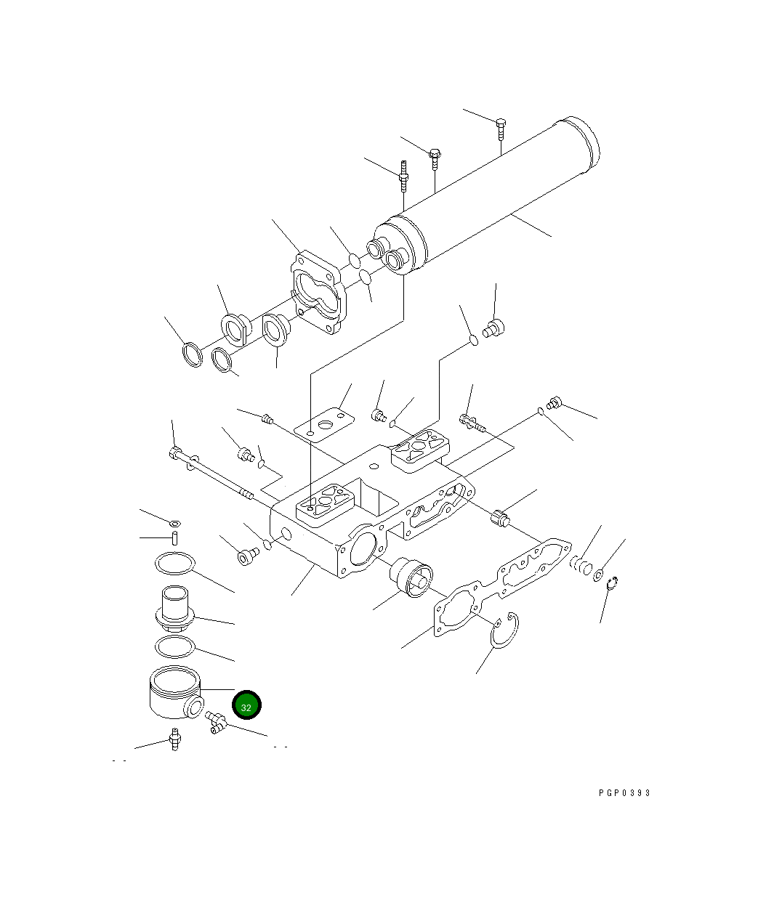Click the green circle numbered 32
(x=246, y=705)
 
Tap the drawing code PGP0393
(x=624, y=792)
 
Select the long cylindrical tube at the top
(x=486, y=195)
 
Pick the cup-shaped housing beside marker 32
(x=176, y=692)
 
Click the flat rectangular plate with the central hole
(x=323, y=424)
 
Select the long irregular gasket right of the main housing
(x=503, y=588)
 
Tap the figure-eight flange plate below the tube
(x=320, y=292)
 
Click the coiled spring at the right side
(x=581, y=565)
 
